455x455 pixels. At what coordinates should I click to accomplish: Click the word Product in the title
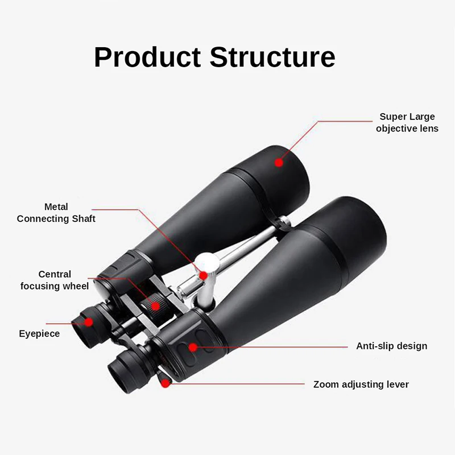[147, 57]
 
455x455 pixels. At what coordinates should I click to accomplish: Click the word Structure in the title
[272, 57]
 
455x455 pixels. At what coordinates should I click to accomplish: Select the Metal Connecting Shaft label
[56, 213]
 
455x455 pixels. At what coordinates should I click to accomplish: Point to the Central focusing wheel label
[55, 280]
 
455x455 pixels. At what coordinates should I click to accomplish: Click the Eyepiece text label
[39, 333]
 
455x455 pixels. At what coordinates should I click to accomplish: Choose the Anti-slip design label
[391, 346]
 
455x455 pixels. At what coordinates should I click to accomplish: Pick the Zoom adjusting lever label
[361, 384]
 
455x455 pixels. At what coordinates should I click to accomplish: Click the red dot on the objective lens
[279, 162]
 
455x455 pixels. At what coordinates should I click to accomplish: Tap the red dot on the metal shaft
[203, 275]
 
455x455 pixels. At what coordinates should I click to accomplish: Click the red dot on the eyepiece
[89, 321]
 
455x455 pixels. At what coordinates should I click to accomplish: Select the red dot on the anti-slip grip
[193, 346]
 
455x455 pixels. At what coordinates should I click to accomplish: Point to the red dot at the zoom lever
[165, 383]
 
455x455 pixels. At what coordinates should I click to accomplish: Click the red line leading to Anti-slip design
[273, 346]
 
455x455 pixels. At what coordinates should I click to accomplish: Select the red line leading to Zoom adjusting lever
[239, 383]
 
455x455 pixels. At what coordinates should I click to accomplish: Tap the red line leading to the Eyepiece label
[63, 322]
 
